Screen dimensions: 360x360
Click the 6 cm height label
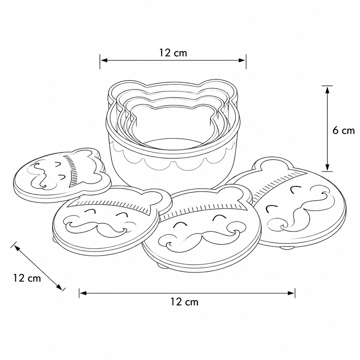tap(343, 131)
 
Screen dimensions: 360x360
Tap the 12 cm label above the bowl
tap(173, 53)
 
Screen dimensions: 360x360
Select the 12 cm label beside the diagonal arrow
tap(27, 278)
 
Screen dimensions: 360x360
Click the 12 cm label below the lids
tap(184, 302)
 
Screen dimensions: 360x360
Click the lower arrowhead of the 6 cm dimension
tap(327, 167)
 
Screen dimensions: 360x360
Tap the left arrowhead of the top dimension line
tap(104, 60)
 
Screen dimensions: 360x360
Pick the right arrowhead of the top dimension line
tap(242, 60)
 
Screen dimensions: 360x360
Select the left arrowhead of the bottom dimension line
tap(83, 293)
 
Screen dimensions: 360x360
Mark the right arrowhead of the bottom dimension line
tap(291, 293)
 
